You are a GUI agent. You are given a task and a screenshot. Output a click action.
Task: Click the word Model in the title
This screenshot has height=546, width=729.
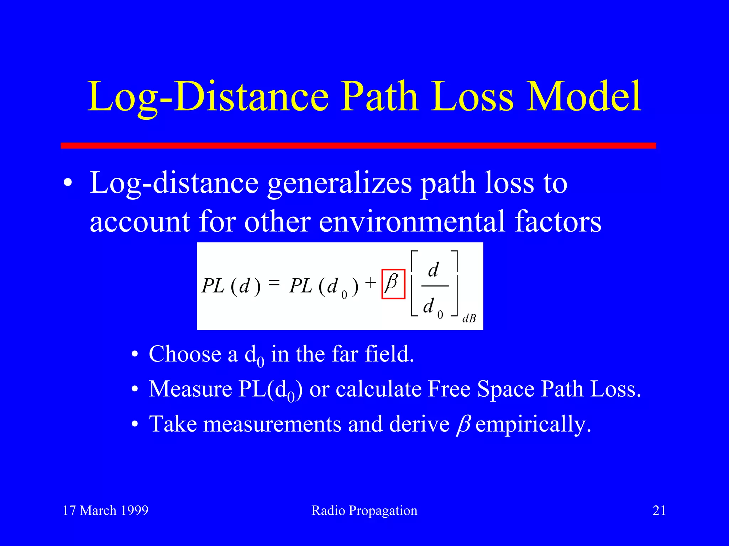coord(584,97)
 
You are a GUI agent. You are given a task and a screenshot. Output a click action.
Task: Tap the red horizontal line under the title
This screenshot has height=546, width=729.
coord(358,145)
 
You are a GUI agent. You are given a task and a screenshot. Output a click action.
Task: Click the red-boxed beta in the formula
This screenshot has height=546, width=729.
coord(393,284)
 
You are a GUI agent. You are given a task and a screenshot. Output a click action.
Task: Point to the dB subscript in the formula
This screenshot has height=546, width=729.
coord(469,318)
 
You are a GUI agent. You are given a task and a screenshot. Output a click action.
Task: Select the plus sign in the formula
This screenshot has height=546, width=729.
coord(371,283)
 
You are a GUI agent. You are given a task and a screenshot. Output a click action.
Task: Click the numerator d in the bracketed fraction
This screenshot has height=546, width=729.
coord(434,270)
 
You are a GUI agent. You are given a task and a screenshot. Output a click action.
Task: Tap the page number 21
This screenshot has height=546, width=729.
coord(659,510)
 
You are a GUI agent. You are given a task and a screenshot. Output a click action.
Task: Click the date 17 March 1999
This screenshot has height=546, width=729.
coord(106,510)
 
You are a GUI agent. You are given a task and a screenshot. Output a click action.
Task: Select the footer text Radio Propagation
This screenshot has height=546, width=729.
coord(364,510)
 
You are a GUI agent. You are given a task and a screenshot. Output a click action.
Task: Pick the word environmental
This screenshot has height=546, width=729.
coord(412,222)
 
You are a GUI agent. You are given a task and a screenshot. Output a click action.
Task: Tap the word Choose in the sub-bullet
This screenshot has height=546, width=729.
coord(185,354)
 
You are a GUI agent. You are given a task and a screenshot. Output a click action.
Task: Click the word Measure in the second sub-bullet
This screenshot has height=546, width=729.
coord(190,389)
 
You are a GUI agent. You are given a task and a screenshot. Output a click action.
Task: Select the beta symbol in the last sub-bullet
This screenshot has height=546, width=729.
coord(463,424)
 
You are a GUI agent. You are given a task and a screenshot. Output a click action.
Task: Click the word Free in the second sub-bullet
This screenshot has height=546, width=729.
coord(450,389)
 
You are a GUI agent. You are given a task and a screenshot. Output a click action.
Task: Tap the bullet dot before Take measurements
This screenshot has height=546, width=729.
coord(135,424)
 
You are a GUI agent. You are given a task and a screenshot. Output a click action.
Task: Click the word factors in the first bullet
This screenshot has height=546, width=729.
coord(558,222)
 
